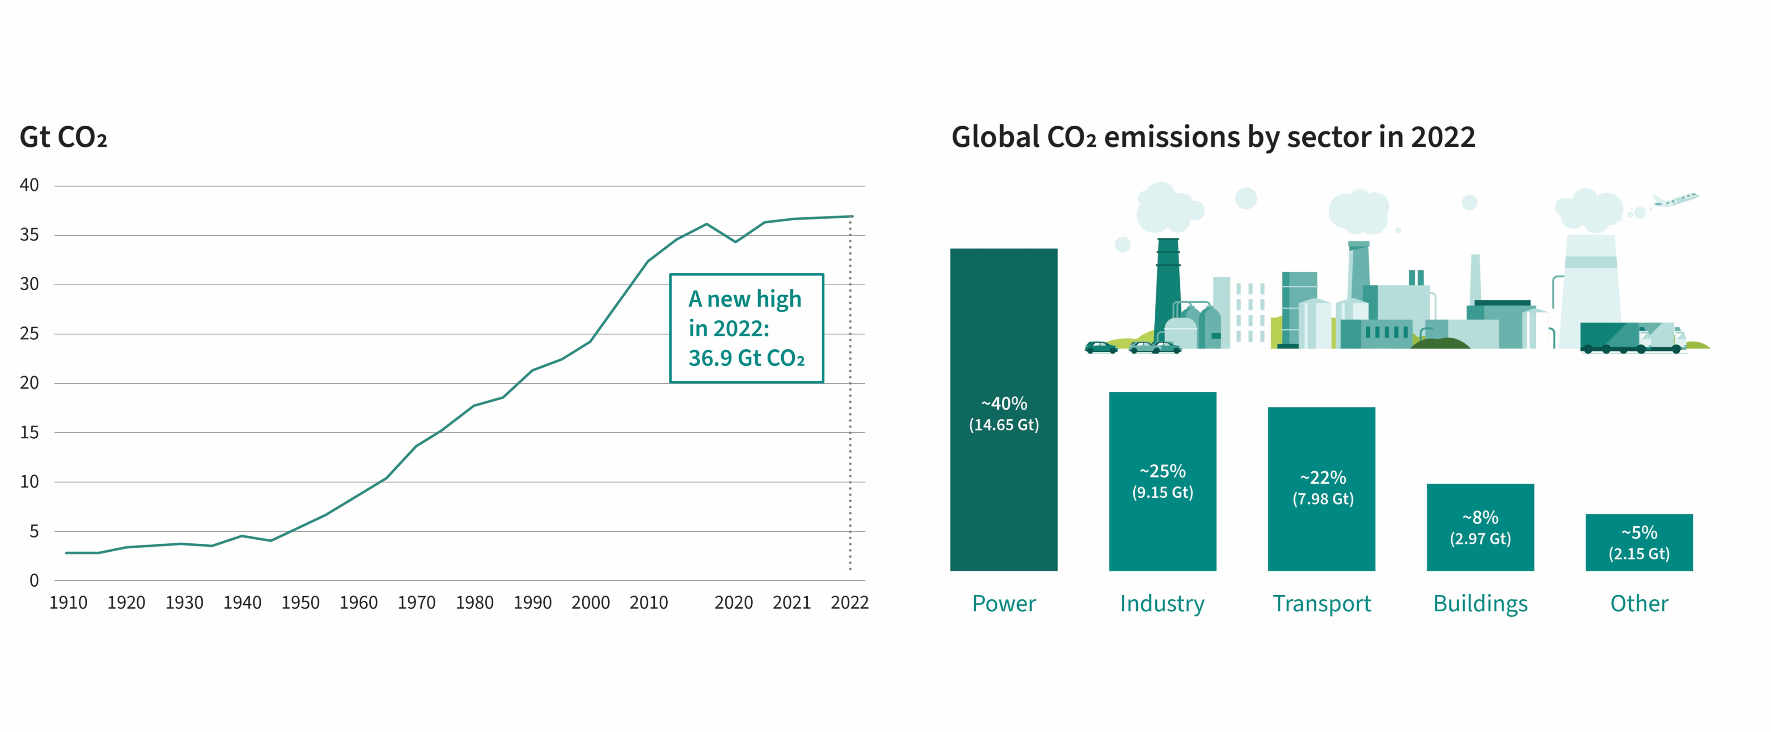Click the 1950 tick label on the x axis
[301, 603]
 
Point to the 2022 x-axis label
[849, 603]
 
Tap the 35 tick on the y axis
[29, 235]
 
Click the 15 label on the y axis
[29, 432]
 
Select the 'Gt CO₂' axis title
[63, 137]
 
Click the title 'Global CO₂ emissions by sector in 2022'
[1213, 137]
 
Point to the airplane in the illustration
[1675, 200]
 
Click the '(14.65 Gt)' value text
[1003, 425]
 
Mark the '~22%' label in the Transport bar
[1322, 477]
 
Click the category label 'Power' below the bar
[1003, 604]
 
